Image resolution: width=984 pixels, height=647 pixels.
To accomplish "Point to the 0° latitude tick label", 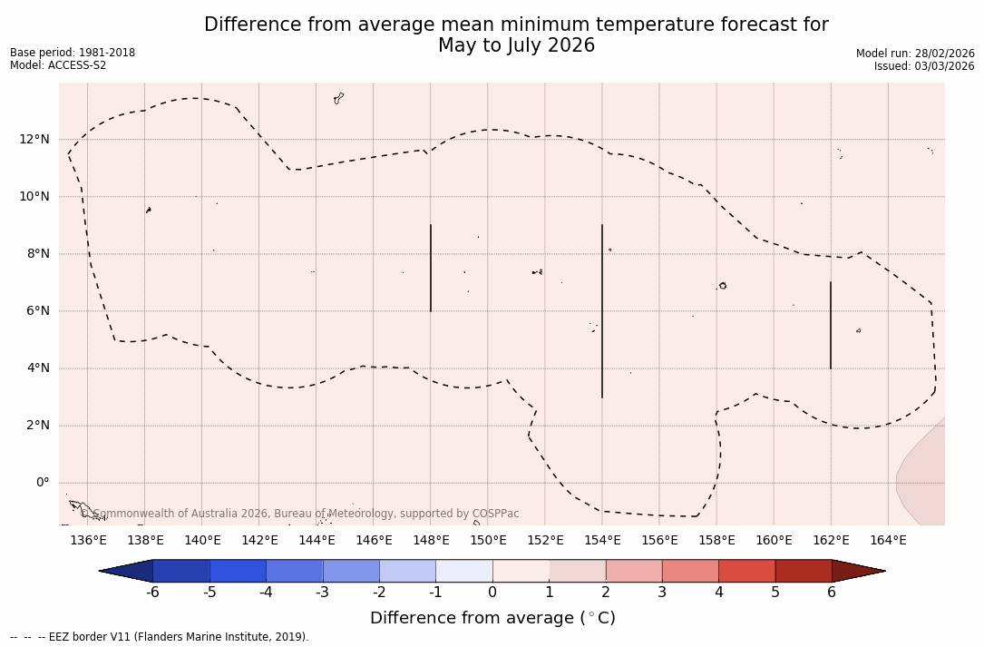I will [43, 482].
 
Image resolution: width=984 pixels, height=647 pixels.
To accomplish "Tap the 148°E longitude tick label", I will [431, 540].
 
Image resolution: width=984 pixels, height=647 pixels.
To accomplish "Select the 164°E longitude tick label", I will [888, 540].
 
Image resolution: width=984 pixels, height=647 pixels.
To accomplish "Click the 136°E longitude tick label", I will [88, 540].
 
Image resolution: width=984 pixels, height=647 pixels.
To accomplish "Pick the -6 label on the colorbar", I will [152, 593].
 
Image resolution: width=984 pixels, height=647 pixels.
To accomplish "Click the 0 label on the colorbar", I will [492, 593].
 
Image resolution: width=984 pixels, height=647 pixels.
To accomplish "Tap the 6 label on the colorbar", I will [832, 593].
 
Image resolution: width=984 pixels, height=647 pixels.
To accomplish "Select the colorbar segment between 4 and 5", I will [746, 571].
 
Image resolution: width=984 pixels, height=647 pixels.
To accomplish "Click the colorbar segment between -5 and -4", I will [238, 571].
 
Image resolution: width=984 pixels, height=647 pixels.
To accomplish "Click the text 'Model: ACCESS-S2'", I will [58, 65].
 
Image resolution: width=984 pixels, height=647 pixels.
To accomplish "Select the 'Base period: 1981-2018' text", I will [73, 53].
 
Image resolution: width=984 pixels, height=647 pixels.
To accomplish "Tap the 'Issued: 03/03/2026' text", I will [924, 66].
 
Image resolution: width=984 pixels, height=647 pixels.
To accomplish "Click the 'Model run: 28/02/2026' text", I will [915, 54].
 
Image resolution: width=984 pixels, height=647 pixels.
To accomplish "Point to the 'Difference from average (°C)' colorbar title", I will [492, 618].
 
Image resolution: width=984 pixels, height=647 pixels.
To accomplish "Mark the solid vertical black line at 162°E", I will [831, 325].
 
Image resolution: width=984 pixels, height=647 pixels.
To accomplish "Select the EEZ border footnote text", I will [160, 637].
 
